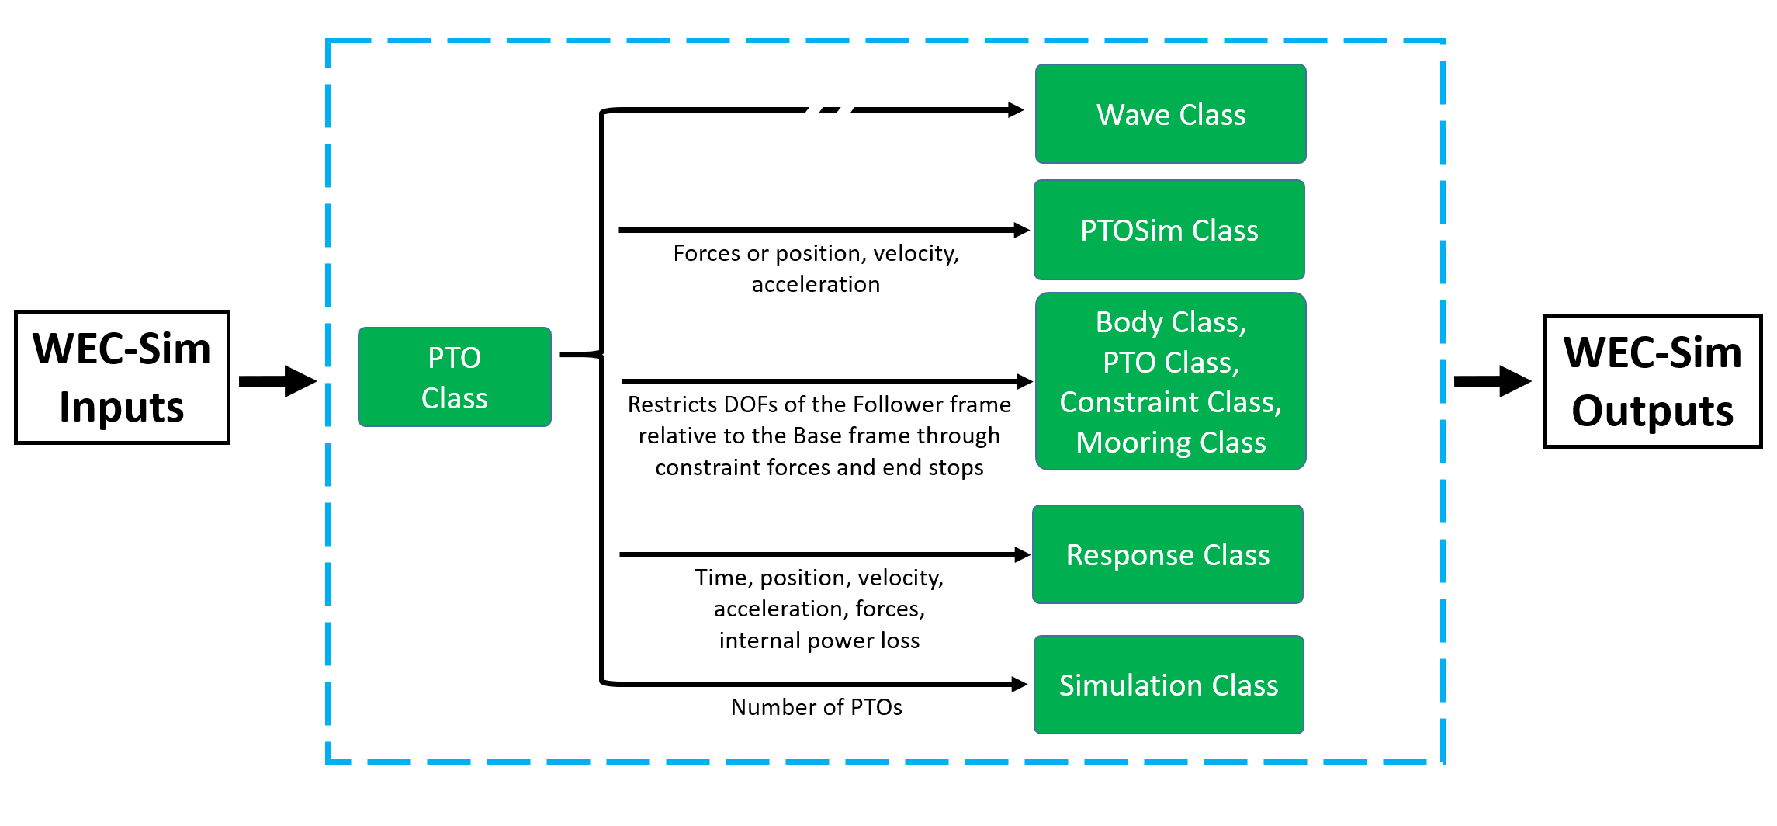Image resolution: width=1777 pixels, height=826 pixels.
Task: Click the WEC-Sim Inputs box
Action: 122,377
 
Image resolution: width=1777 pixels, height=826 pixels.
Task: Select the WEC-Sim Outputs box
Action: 1653,381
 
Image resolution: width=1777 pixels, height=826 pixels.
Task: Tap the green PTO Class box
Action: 455,377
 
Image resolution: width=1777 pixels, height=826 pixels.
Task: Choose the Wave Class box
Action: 1171,114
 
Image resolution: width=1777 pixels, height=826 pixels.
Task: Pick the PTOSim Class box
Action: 1169,230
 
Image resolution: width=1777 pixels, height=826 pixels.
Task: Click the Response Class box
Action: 1168,554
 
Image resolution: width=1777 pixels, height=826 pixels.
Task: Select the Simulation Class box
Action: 1169,685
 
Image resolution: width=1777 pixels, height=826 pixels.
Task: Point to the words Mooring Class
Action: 1171,442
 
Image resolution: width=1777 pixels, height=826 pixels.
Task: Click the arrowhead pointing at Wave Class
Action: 1016,110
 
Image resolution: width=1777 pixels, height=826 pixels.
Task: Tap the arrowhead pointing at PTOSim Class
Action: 1022,230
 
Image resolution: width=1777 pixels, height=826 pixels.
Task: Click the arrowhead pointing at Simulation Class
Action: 1020,684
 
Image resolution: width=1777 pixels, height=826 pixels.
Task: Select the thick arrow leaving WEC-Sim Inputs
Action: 278,381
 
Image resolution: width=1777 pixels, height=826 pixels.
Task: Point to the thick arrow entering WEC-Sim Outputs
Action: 1493,381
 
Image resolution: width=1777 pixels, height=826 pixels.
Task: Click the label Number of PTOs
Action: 816,707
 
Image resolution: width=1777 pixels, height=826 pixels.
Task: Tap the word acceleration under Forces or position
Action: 816,284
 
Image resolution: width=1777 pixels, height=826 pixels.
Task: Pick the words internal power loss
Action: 819,640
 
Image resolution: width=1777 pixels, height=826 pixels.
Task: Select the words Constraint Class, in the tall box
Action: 1171,402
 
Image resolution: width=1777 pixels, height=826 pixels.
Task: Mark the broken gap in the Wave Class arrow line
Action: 830,110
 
